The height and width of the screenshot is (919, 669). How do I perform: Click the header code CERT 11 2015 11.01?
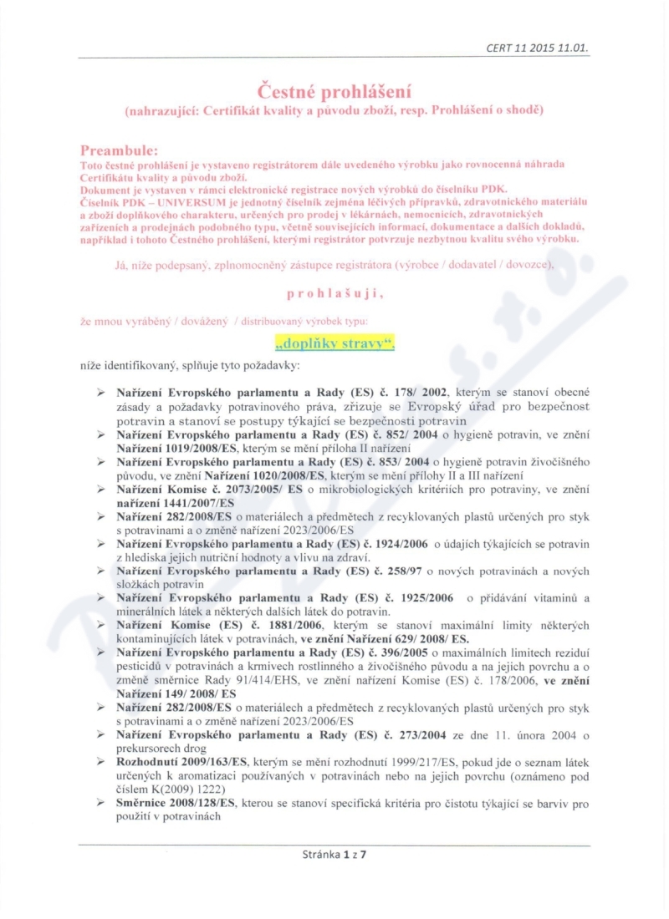(537, 48)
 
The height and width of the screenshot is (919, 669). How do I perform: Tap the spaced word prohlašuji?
(334, 293)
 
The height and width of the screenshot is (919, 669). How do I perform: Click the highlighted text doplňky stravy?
(334, 343)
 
